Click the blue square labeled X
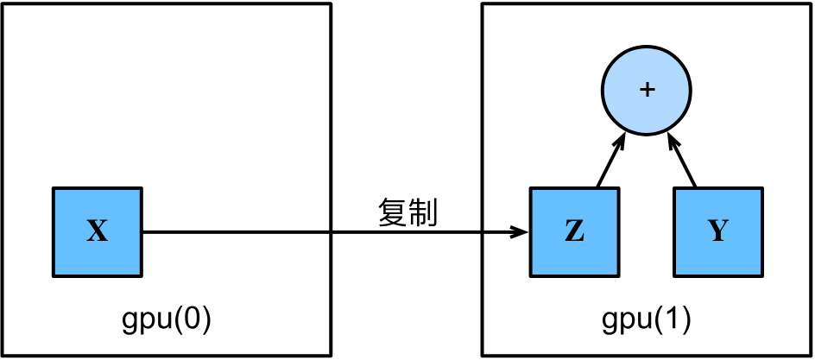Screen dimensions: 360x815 pos(98,231)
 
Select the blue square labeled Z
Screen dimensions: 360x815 pos(573,231)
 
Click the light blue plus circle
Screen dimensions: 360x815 pos(646,92)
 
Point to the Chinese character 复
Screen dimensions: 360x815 pos(393,212)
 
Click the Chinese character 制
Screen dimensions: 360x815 pos(423,212)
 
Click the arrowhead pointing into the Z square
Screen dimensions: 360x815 pos(521,231)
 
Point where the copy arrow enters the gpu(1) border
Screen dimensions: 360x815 pos(483,231)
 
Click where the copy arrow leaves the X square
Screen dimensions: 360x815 pos(142,231)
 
